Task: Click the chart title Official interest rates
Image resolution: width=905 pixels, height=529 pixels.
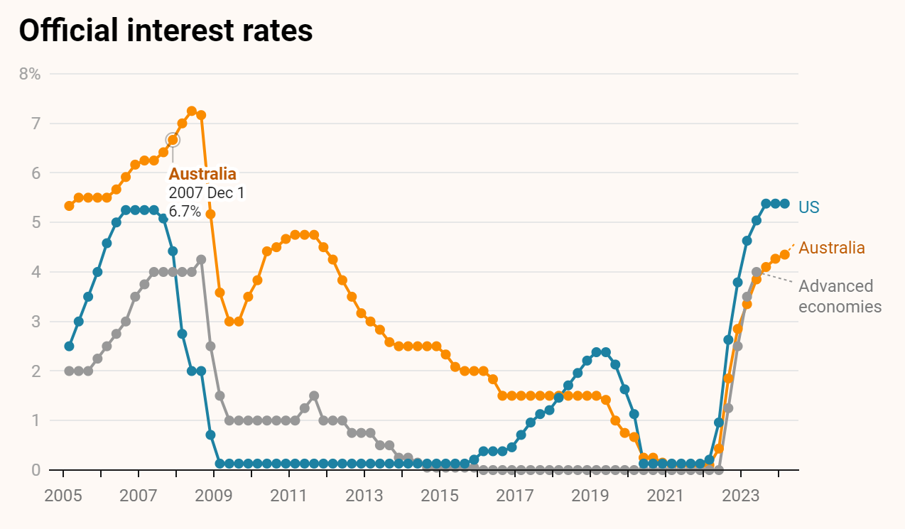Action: [x=166, y=31]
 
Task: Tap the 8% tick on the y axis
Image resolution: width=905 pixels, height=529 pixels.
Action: [x=29, y=74]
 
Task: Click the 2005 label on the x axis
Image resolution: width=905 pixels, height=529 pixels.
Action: [x=63, y=494]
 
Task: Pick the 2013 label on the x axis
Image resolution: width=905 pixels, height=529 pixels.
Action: [x=364, y=494]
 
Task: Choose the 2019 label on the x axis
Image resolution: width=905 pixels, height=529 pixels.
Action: [x=590, y=494]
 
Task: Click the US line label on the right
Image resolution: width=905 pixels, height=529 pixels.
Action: [x=808, y=207]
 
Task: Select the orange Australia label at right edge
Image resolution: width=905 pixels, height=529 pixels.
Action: [x=832, y=248]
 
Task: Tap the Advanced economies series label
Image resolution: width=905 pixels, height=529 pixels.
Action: [x=840, y=296]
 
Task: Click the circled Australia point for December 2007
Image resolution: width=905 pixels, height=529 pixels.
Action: [x=173, y=140]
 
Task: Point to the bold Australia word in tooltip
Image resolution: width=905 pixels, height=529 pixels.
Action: [x=202, y=174]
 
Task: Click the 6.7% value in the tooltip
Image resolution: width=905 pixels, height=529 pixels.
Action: [x=185, y=212]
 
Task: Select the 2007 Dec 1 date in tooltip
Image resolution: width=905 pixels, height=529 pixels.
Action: [x=206, y=193]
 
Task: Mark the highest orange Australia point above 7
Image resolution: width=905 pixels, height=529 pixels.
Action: [x=192, y=111]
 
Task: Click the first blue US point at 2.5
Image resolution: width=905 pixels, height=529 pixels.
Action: [x=69, y=347]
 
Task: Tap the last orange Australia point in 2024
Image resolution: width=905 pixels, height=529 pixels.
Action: [x=785, y=254]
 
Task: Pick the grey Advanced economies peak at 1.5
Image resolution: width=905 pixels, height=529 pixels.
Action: [x=314, y=396]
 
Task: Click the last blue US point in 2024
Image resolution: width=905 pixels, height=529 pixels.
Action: [x=785, y=204]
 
